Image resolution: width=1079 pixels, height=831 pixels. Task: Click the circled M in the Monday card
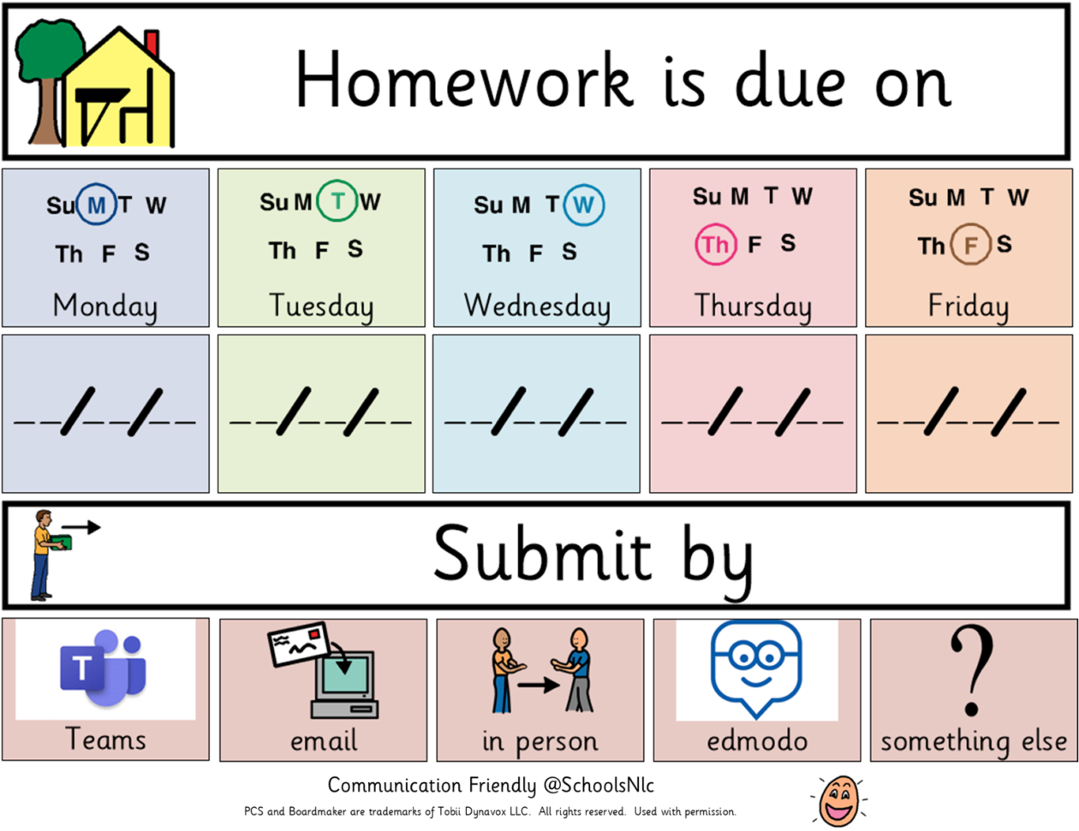coord(96,205)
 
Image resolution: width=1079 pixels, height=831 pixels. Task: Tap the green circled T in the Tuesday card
coord(337,202)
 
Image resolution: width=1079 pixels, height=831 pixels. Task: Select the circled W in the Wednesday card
coord(583,205)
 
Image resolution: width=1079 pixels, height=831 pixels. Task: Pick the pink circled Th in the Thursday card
coord(715,245)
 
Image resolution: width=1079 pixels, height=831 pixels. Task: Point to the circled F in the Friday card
coord(970,246)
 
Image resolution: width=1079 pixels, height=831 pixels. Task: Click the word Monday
coord(105,306)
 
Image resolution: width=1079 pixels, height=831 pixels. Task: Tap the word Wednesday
coord(537,306)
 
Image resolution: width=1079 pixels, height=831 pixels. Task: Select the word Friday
coord(969,306)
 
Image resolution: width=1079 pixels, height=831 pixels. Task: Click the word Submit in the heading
coord(542,554)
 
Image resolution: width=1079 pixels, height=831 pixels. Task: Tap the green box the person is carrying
coord(58,543)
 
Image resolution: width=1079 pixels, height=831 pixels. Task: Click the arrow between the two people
coord(539,685)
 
